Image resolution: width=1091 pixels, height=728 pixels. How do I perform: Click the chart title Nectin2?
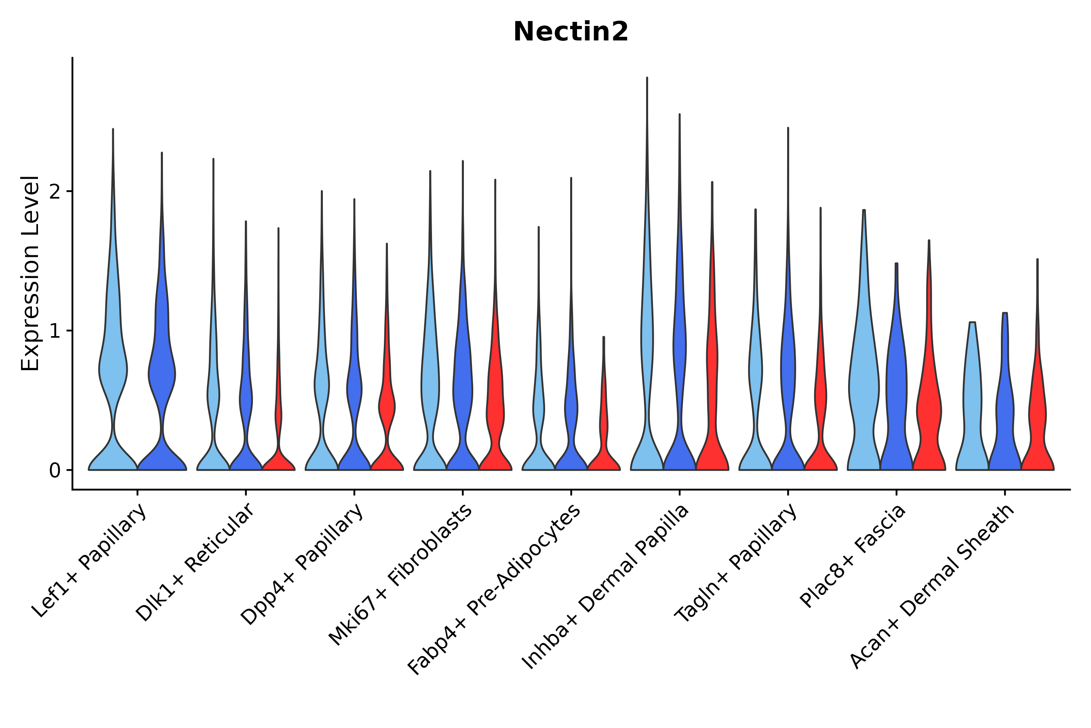click(x=570, y=32)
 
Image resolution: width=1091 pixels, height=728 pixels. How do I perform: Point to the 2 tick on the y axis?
click(x=55, y=191)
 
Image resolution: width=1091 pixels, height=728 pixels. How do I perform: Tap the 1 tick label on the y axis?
click(x=55, y=331)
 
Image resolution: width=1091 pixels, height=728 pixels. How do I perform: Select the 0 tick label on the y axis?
click(x=55, y=471)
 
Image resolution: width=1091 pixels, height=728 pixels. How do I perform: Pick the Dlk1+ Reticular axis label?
click(x=195, y=563)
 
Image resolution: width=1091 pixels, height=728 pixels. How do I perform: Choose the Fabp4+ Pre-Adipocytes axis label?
click(x=495, y=590)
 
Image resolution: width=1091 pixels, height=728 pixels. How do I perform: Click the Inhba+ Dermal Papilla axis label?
click(x=606, y=587)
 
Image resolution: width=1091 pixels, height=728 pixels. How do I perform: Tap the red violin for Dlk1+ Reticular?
click(x=278, y=459)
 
